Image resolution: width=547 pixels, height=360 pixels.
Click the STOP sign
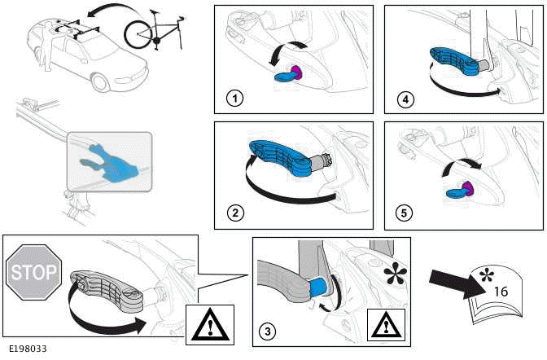[33, 272]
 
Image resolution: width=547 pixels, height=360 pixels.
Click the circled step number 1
[234, 98]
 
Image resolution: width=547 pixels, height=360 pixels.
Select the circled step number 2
[234, 213]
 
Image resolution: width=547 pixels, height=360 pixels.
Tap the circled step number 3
[267, 331]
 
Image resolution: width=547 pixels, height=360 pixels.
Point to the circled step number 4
[405, 99]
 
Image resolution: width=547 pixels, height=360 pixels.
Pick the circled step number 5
[404, 213]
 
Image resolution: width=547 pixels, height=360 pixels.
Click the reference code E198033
[28, 349]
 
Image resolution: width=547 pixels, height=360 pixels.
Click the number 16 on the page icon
[501, 291]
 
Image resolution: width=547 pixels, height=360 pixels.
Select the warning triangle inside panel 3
[386, 326]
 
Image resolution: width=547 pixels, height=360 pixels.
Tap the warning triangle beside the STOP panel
[210, 324]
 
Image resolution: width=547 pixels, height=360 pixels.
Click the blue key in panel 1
[285, 76]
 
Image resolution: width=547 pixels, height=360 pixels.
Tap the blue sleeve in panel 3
[317, 287]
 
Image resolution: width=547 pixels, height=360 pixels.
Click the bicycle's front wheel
[138, 34]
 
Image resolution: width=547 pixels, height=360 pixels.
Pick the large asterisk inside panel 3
[394, 273]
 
